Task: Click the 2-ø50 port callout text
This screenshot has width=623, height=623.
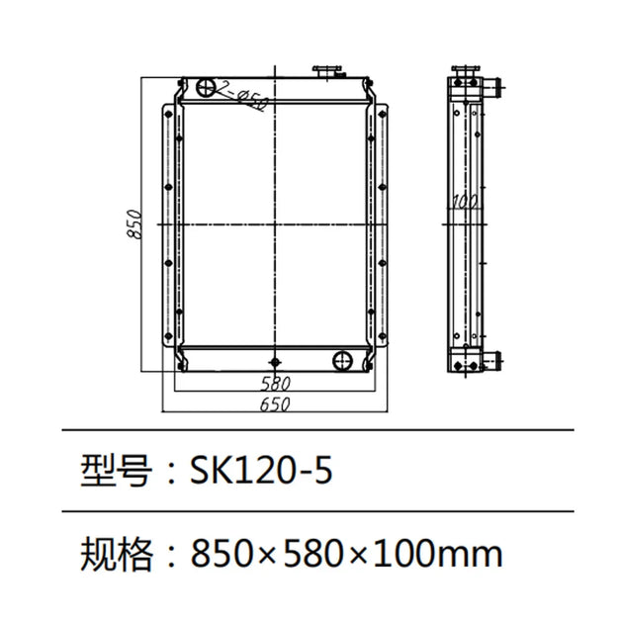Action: coord(242,97)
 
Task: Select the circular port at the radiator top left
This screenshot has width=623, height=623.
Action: coord(206,88)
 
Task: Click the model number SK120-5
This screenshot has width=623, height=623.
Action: coord(261,471)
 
